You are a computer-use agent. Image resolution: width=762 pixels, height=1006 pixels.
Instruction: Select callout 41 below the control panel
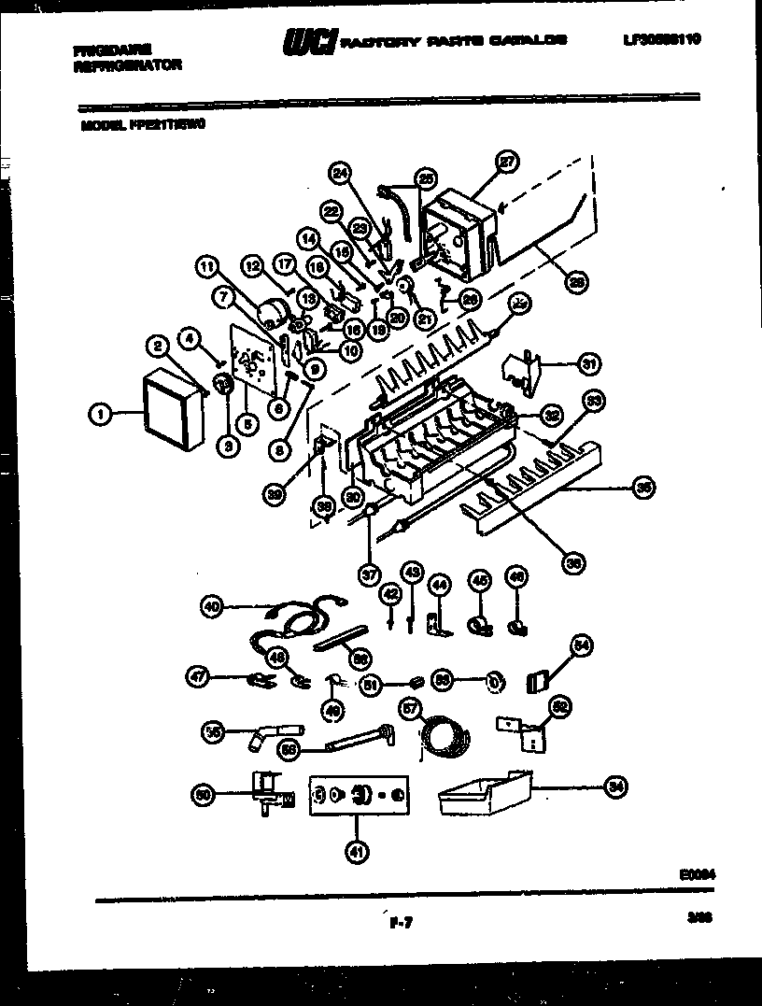(356, 850)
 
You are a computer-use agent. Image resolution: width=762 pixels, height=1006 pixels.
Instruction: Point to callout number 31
(588, 363)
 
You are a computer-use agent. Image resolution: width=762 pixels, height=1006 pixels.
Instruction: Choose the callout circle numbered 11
(205, 266)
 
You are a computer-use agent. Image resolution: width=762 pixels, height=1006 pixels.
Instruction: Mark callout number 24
(341, 172)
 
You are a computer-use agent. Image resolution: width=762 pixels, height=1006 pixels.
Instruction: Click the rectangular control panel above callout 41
(359, 795)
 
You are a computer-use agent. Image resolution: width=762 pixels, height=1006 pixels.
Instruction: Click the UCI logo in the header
(308, 41)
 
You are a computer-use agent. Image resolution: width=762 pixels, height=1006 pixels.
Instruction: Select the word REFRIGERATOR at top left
(126, 65)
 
